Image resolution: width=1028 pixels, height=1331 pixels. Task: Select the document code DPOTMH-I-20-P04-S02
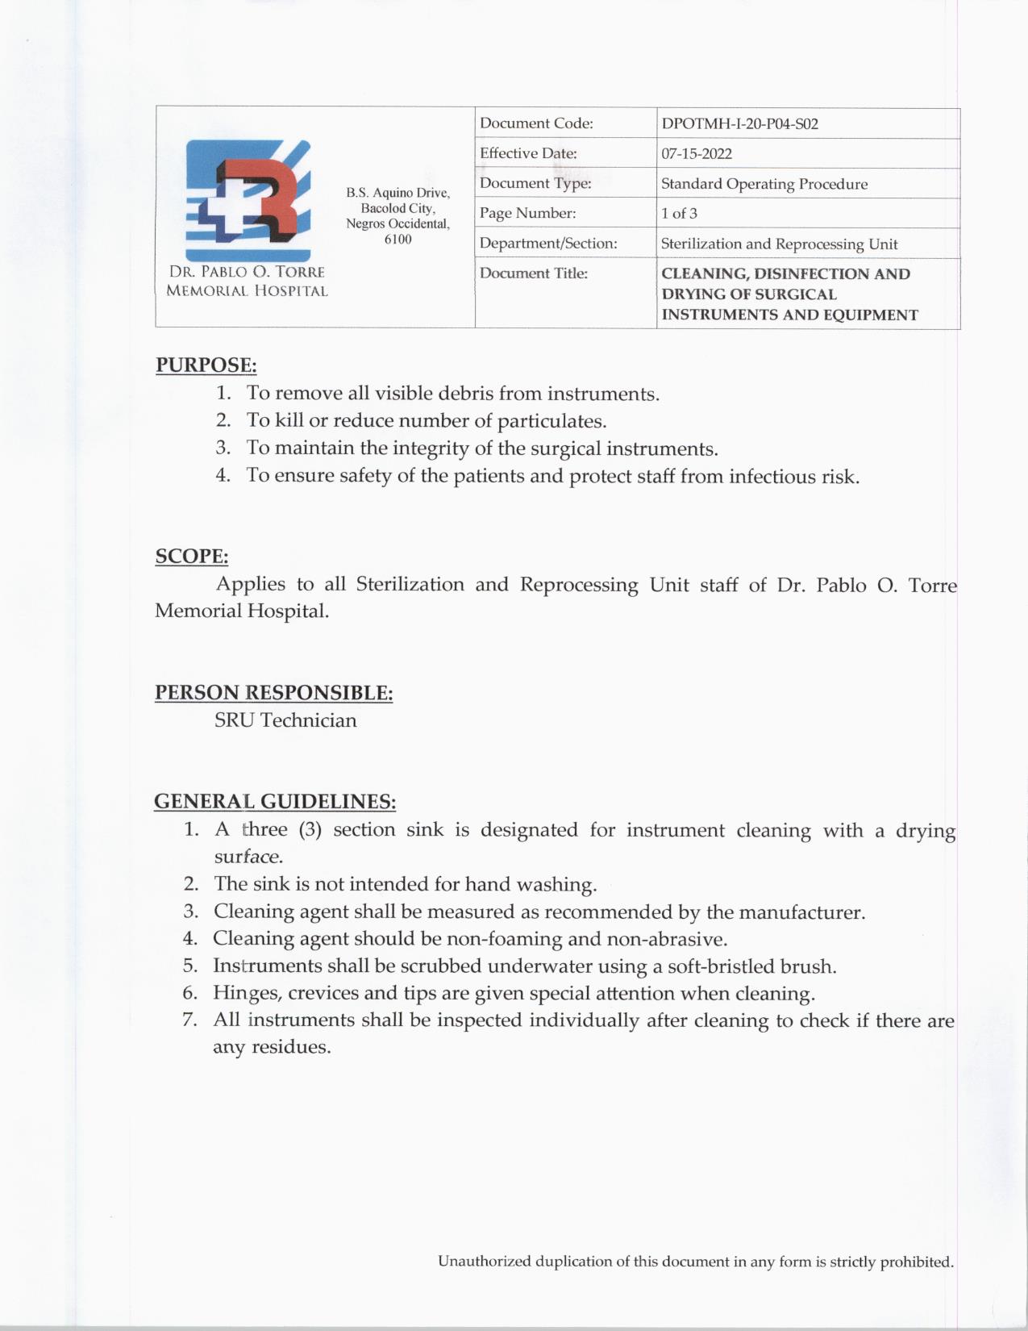pos(739,124)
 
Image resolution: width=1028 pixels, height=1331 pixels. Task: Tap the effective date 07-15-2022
pos(697,154)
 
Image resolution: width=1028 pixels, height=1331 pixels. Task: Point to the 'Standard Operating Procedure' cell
pos(764,184)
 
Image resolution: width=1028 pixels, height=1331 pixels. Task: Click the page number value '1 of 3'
pos(679,214)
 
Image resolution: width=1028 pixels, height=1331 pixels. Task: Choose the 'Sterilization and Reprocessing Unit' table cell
pos(779,244)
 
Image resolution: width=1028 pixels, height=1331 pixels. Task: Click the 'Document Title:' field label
pos(534,273)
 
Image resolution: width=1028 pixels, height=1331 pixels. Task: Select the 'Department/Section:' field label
pos(548,244)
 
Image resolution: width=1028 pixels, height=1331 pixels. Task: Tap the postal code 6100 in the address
pos(397,240)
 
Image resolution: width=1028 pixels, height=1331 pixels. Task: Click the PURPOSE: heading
pos(206,365)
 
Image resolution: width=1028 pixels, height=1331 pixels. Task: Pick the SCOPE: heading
pos(192,557)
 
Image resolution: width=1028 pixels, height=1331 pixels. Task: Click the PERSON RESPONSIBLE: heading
pos(274,693)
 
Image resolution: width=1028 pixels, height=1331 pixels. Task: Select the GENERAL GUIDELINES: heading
pos(275,802)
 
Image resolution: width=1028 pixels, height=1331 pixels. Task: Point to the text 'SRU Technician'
pos(285,720)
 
